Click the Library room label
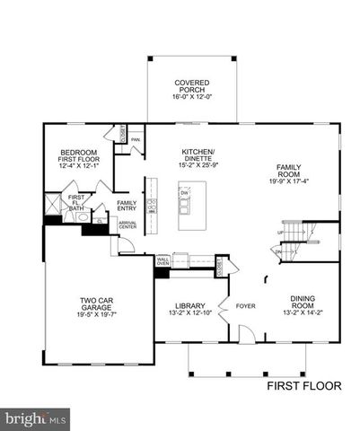pos(189,305)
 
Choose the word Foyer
pos(245,306)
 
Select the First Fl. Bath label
pos(77,200)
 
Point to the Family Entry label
pos(127,206)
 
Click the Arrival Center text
pos(128,225)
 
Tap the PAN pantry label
pos(136,140)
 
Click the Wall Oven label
pos(163,261)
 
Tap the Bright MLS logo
pos(36,418)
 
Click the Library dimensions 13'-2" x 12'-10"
pos(189,313)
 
